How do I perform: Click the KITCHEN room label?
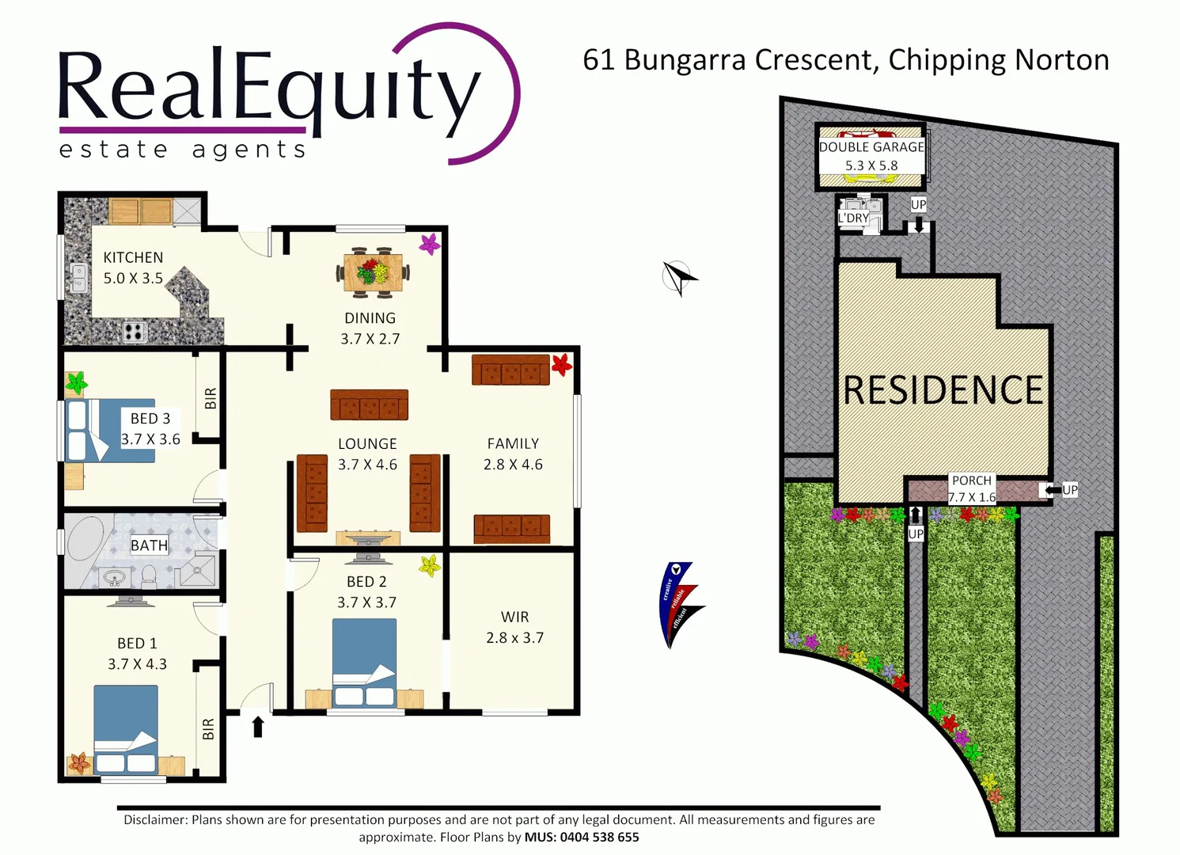click(x=133, y=258)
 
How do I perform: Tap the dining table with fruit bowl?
click(x=373, y=273)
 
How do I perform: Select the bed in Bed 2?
click(x=364, y=663)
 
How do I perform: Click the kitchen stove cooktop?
click(x=135, y=332)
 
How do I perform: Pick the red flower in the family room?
click(x=561, y=364)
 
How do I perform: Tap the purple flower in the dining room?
click(x=430, y=244)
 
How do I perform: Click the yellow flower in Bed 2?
click(x=430, y=565)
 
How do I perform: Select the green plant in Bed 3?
click(x=76, y=384)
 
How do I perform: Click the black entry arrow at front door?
click(x=258, y=726)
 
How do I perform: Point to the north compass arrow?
click(x=678, y=277)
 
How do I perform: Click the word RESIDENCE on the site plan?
click(x=943, y=390)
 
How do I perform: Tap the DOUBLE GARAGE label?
click(x=871, y=147)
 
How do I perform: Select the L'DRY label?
click(x=853, y=218)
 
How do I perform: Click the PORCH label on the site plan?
click(x=971, y=481)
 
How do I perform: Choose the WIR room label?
click(x=514, y=617)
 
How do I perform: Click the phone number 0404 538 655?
click(x=599, y=838)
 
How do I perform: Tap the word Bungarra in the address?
click(x=685, y=60)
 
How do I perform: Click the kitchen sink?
click(x=78, y=278)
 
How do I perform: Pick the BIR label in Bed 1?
click(x=208, y=729)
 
